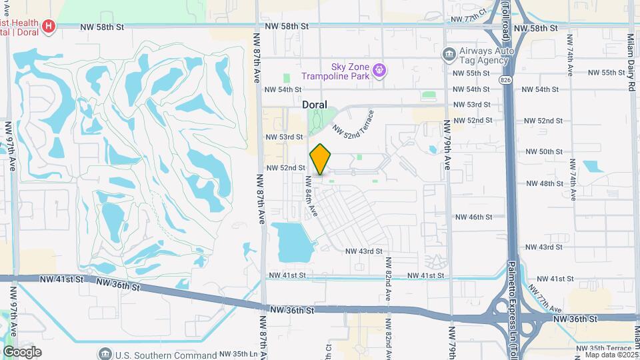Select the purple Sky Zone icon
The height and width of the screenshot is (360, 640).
tap(379, 69)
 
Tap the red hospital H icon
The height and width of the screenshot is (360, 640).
tap(49, 27)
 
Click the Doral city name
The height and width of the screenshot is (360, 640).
tap(315, 105)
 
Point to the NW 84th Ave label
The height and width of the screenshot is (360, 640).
tap(311, 196)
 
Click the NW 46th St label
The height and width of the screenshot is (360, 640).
tap(473, 217)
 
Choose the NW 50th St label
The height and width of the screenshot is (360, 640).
tap(545, 152)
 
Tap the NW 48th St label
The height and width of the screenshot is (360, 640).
tap(545, 183)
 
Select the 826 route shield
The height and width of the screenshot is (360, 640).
tap(506, 80)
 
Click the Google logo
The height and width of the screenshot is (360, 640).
tap(22, 352)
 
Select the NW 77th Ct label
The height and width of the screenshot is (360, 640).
tap(470, 20)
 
